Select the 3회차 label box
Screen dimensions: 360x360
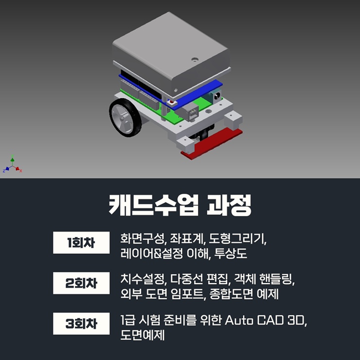click(81, 323)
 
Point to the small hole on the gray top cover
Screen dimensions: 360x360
click(195, 60)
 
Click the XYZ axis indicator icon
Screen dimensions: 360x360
click(13, 165)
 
